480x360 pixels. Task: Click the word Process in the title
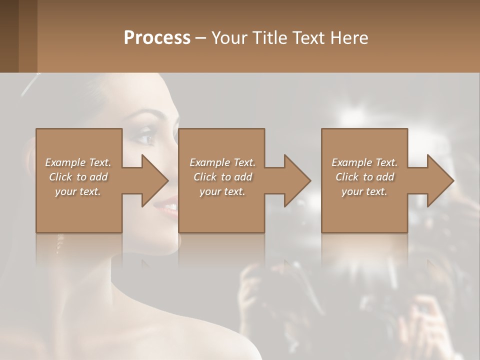pos(157,38)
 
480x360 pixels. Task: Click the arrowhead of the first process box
pos(154,180)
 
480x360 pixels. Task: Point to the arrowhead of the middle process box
pos(297,180)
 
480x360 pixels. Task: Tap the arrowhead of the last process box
pos(440,180)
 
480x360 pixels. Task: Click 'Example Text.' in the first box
pos(78,162)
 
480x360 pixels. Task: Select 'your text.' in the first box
pos(78,191)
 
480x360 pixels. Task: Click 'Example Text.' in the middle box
pos(222,162)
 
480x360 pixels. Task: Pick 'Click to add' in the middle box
pos(222,177)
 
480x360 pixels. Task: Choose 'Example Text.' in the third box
pos(364,162)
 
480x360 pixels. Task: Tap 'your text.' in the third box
pos(364,191)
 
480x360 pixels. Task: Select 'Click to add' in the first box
pos(78,177)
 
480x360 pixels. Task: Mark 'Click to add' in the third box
pos(364,177)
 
